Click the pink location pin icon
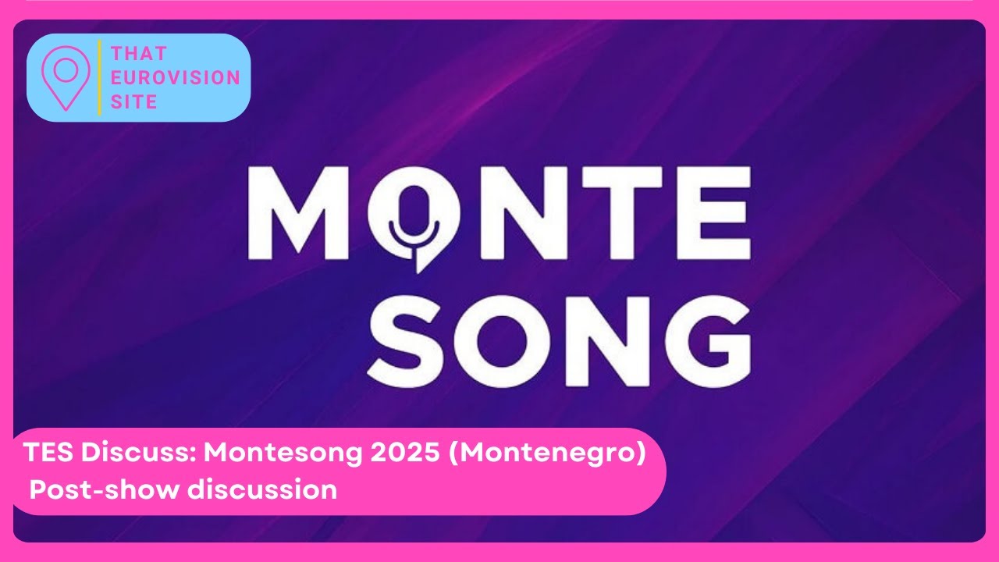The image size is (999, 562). click(x=66, y=76)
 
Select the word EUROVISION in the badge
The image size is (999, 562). click(x=176, y=78)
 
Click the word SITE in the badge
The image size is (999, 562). click(x=134, y=101)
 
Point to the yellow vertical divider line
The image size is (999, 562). click(x=100, y=77)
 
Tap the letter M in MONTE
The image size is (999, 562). click(x=300, y=212)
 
